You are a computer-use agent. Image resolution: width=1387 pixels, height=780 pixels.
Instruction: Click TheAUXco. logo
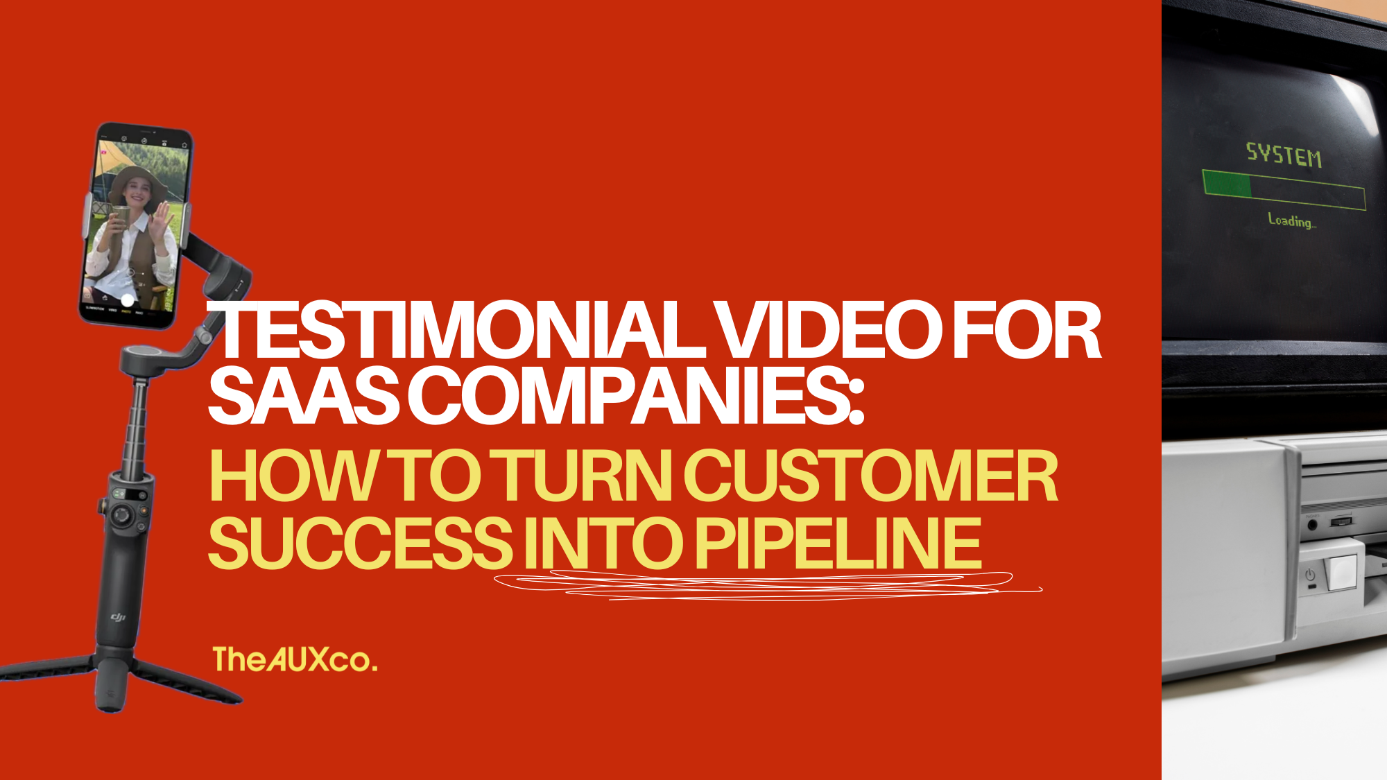coord(295,659)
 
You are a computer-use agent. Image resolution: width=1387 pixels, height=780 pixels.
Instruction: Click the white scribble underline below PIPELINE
coord(763,586)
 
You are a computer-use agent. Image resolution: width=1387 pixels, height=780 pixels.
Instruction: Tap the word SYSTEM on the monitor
coord(1284,155)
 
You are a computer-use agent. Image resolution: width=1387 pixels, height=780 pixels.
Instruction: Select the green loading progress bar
coord(1284,189)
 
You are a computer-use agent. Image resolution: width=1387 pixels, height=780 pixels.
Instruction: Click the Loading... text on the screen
coord(1291,221)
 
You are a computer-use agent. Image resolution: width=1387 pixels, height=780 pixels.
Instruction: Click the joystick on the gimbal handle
coord(122,516)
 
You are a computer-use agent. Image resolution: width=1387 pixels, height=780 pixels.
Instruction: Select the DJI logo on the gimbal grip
coord(119,616)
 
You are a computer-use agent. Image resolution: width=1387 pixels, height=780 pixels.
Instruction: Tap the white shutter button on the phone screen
coord(128,300)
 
